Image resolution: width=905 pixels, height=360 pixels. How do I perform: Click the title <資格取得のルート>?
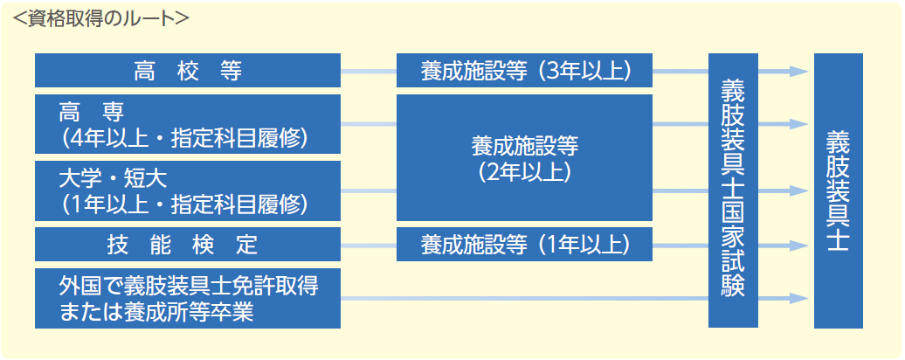pyautogui.click(x=100, y=18)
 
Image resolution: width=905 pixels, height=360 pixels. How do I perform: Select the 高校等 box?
pyautogui.click(x=188, y=71)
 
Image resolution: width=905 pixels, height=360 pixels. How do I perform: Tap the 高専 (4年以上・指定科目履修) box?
pyautogui.click(x=188, y=124)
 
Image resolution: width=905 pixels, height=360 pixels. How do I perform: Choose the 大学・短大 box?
pyautogui.click(x=188, y=191)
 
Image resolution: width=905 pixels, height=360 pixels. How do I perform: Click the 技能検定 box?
pyautogui.click(x=188, y=244)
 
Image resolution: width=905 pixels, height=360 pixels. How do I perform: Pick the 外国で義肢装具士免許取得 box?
pyautogui.click(x=188, y=298)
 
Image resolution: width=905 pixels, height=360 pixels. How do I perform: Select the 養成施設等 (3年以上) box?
pyautogui.click(x=524, y=71)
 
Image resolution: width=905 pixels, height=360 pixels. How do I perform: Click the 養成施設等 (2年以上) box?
pyautogui.click(x=524, y=157)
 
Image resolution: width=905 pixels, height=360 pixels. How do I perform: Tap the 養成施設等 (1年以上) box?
pyautogui.click(x=524, y=244)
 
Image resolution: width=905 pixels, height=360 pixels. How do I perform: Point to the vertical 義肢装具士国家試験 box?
pyautogui.click(x=733, y=190)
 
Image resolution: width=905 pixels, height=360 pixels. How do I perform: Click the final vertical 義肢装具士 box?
pyautogui.click(x=838, y=190)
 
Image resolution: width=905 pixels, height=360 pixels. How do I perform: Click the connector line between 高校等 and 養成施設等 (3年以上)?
pyautogui.click(x=369, y=72)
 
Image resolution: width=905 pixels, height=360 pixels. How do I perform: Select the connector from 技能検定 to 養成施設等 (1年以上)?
pyautogui.click(x=369, y=246)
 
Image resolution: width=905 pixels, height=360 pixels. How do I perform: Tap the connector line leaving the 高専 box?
pyautogui.click(x=369, y=124)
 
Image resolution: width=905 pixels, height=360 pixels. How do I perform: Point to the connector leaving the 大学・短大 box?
pyautogui.click(x=369, y=191)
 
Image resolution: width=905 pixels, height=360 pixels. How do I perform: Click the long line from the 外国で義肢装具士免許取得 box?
pyautogui.click(x=525, y=298)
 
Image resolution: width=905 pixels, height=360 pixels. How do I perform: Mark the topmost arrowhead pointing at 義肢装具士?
pyautogui.click(x=798, y=72)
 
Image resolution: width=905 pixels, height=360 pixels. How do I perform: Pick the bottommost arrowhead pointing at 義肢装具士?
pyautogui.click(x=798, y=298)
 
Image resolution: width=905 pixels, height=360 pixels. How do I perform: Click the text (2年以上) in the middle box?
pyautogui.click(x=524, y=171)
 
